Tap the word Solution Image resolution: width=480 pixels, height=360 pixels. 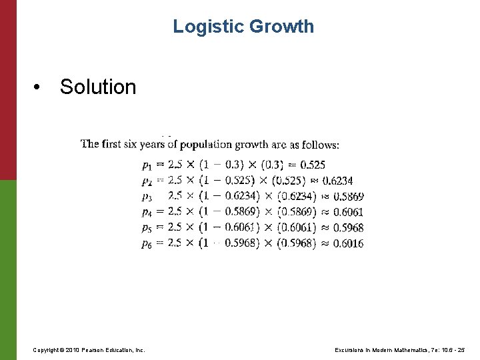[98, 87]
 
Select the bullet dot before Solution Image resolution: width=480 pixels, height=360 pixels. [41, 87]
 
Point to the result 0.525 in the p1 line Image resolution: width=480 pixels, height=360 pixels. [313, 165]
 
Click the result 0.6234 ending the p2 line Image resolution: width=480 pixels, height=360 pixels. [338, 181]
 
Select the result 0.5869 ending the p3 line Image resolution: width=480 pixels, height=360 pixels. [348, 197]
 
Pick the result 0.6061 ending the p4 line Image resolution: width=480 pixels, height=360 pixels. [348, 212]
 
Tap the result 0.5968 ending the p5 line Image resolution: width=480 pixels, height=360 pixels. [348, 228]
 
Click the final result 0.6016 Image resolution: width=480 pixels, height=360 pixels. [348, 243]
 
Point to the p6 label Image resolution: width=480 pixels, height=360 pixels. [147, 244]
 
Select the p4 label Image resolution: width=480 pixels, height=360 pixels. [147, 213]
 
